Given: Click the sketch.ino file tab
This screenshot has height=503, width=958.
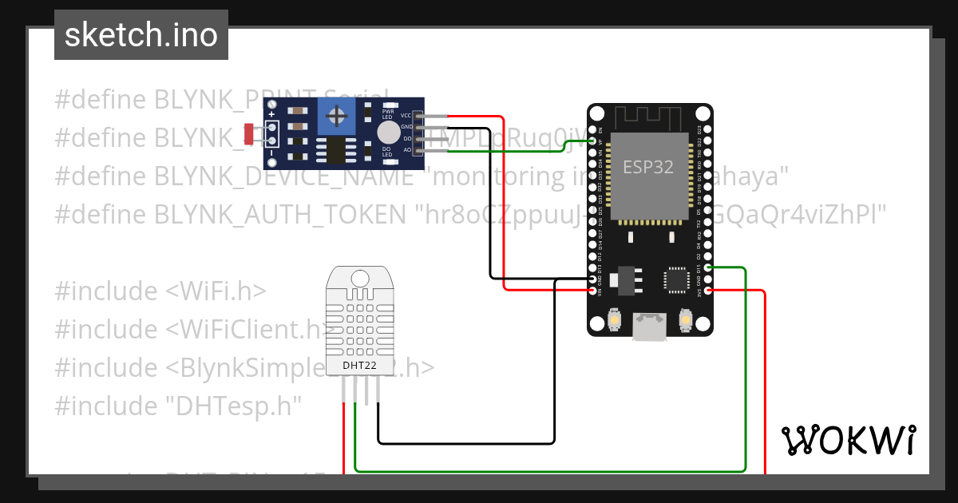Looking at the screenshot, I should pyautogui.click(x=141, y=35).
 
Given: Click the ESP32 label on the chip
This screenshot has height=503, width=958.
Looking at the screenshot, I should pyautogui.click(x=647, y=168).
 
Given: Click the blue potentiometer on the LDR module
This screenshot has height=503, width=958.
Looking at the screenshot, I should pyautogui.click(x=339, y=117).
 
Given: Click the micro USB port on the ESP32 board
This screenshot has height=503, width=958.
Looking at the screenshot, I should pyautogui.click(x=649, y=327).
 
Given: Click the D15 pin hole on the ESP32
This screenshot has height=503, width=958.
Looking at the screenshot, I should pyautogui.click(x=707, y=269).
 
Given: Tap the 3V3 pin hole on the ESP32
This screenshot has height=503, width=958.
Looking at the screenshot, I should pyautogui.click(x=707, y=291).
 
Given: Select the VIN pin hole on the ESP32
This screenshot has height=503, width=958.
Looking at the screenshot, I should pyautogui.click(x=592, y=291).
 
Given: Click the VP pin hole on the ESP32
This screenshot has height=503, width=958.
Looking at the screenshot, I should pyautogui.click(x=592, y=141).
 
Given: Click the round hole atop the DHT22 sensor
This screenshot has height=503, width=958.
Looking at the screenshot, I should pyautogui.click(x=359, y=279).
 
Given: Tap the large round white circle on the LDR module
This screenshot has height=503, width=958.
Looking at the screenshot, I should pyautogui.click(x=388, y=133).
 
